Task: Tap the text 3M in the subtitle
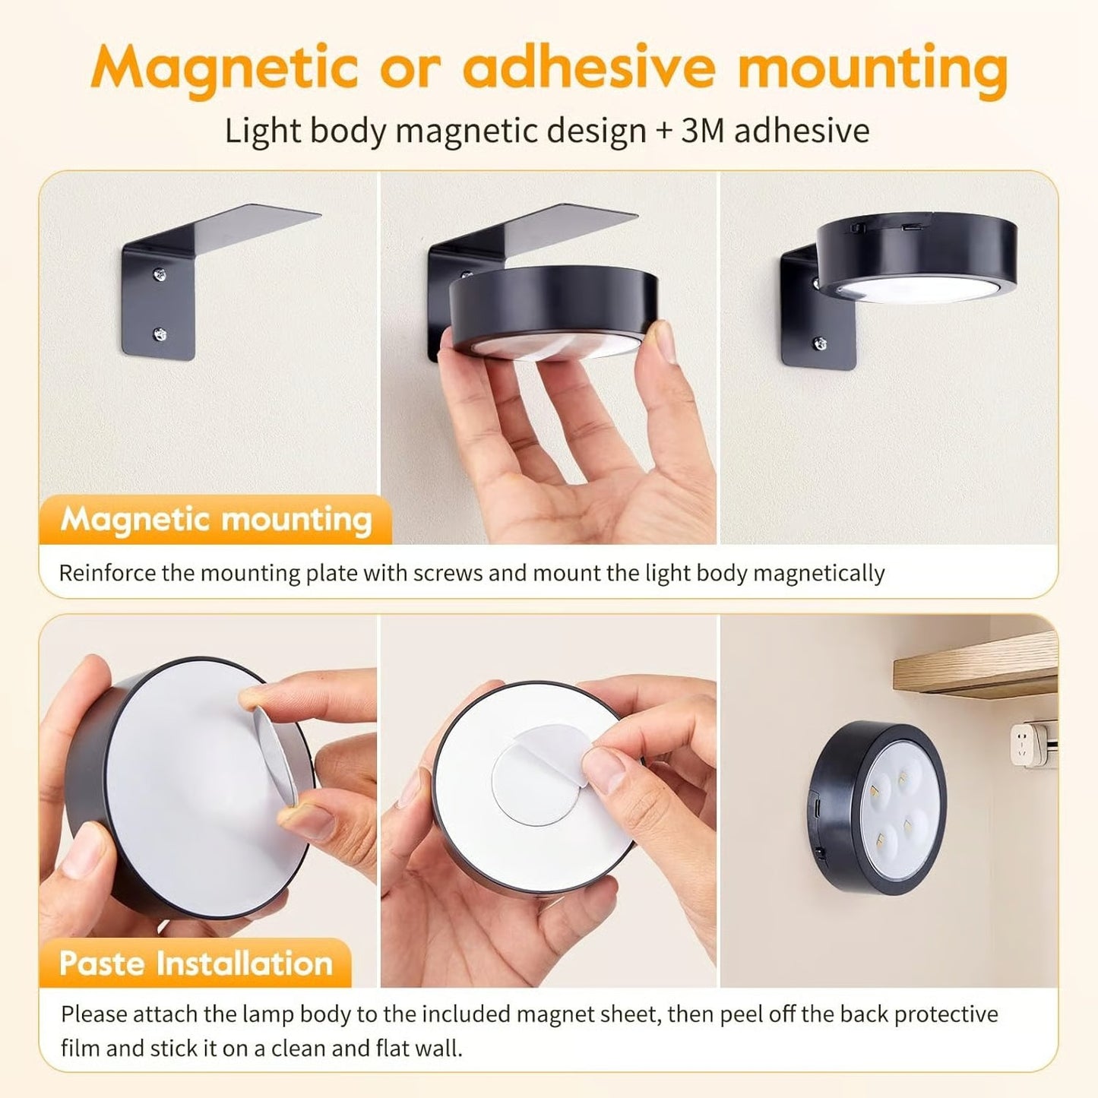click(701, 131)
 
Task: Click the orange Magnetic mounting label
click(216, 520)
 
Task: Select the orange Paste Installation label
click(196, 964)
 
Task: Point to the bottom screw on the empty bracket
click(160, 332)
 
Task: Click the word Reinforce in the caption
click(107, 572)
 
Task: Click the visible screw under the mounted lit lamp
click(820, 344)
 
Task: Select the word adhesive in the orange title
click(589, 68)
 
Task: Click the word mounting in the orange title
click(872, 68)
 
